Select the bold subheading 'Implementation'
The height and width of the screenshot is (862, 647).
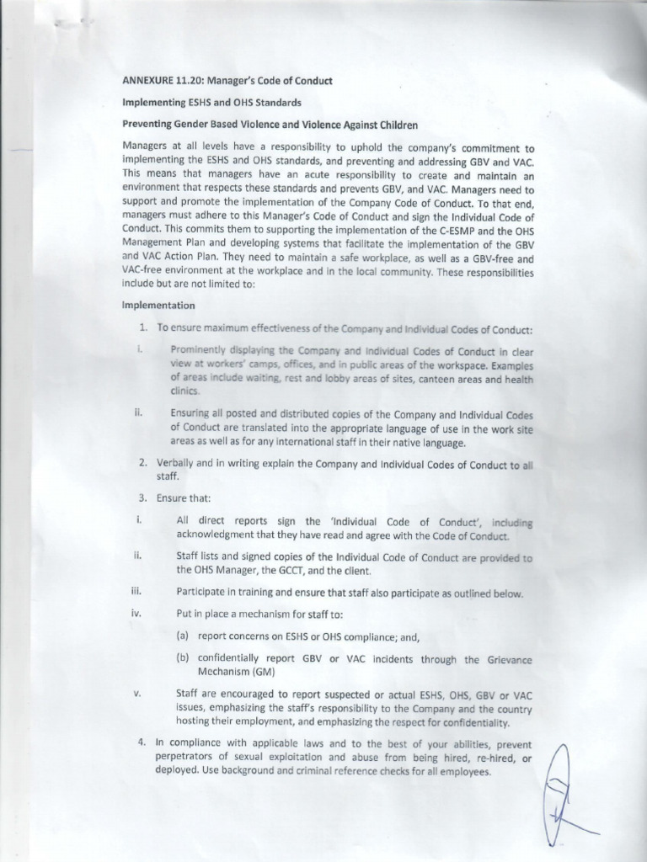point(158,305)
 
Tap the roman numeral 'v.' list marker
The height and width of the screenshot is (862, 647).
point(136,692)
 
